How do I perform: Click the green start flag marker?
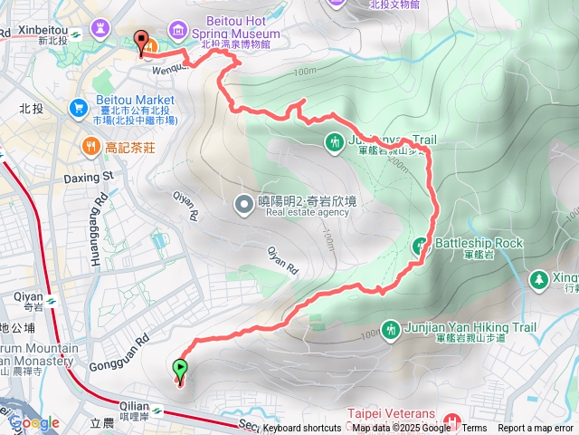coord(179,368)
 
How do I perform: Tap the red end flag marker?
coord(141,41)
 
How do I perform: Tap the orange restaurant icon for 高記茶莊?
coord(90,145)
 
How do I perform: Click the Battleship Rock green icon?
coord(421,244)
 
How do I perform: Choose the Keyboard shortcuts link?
coord(302,429)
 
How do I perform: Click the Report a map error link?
coord(536,429)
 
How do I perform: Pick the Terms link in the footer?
coord(474,429)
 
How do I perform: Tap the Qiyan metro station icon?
coord(52,300)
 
